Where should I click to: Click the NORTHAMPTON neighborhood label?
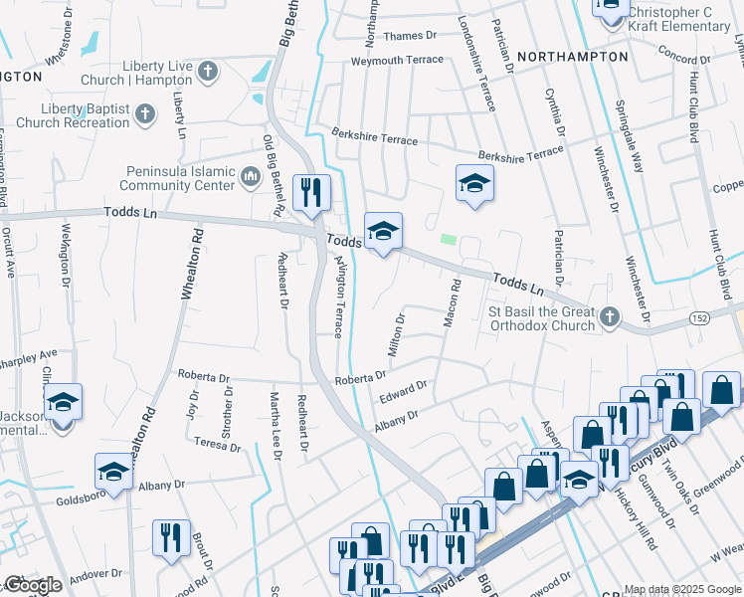(x=573, y=57)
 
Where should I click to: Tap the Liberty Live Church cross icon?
(x=207, y=71)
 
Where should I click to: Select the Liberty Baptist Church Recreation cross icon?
(x=145, y=112)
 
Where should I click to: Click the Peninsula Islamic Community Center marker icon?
(x=251, y=178)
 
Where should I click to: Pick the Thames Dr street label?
(x=410, y=36)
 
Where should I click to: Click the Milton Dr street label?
(x=395, y=336)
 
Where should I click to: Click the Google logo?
(x=33, y=585)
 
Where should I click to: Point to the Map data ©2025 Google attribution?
(x=681, y=589)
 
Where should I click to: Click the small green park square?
(x=449, y=239)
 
